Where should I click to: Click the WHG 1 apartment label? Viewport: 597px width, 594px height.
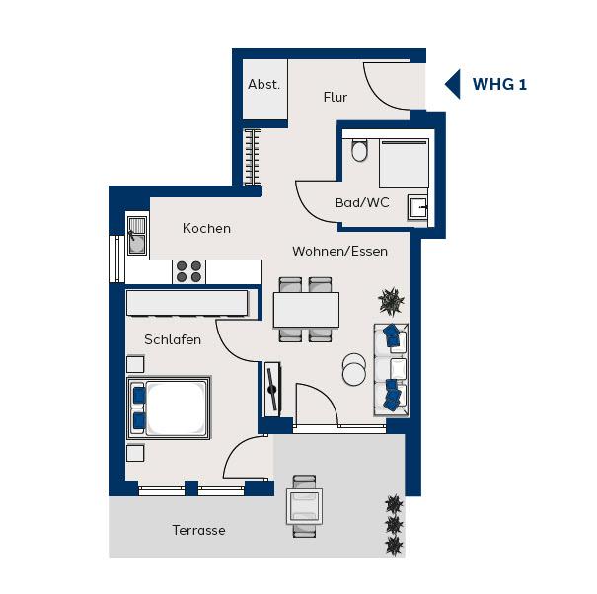[x=499, y=84]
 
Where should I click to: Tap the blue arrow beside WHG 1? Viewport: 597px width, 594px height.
[x=453, y=84]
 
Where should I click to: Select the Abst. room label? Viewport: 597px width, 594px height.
[x=263, y=84]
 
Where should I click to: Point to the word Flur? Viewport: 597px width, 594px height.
[x=336, y=97]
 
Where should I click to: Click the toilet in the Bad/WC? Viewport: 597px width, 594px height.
[x=359, y=150]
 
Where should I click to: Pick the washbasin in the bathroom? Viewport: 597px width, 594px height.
[x=417, y=207]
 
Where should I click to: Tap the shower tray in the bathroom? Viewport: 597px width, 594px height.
[x=404, y=164]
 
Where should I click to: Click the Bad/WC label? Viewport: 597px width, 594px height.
[x=362, y=202]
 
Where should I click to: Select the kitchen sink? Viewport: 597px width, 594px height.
[x=137, y=235]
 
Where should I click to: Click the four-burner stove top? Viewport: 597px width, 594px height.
[x=188, y=272]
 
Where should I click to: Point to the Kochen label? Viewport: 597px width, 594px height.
[x=207, y=228]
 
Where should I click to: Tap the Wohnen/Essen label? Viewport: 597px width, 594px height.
[x=340, y=251]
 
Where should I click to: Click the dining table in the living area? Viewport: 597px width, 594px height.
[x=306, y=310]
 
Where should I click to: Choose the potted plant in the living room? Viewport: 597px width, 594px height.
[x=391, y=302]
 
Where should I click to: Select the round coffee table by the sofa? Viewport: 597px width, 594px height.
[x=354, y=369]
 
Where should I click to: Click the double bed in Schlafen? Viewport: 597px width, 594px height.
[x=169, y=408]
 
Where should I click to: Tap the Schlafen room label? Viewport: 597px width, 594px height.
[x=173, y=339]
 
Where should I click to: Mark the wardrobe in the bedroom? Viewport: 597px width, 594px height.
[x=187, y=303]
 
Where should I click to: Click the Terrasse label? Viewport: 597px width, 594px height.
[x=198, y=530]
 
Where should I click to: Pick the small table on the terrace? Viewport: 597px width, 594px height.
[x=305, y=507]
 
